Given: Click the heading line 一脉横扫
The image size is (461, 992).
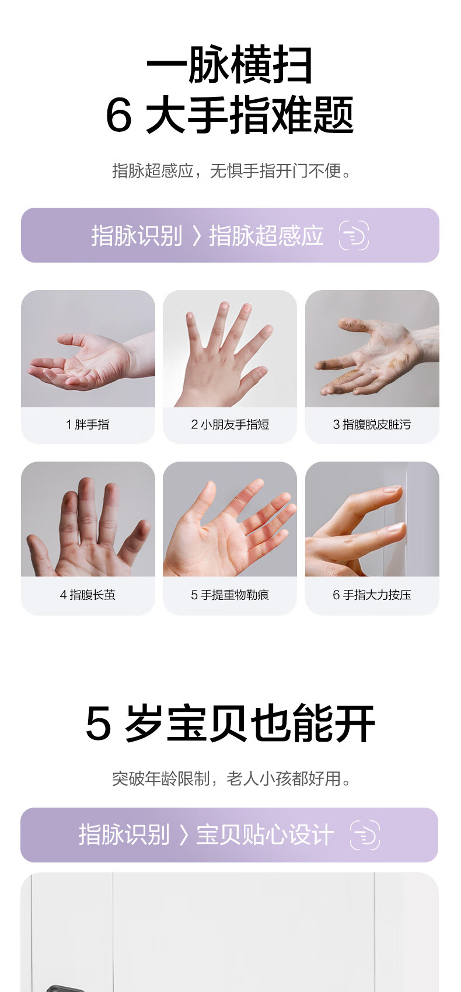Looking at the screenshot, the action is (229, 65).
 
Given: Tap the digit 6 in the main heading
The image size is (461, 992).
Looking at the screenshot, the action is (119, 115).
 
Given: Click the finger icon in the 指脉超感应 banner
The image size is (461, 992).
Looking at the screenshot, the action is (354, 235).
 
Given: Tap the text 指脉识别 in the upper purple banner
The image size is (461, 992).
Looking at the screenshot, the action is (137, 235).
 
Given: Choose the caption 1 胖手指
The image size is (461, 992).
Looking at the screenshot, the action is (88, 424).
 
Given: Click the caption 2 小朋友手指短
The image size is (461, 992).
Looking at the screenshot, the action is (230, 424).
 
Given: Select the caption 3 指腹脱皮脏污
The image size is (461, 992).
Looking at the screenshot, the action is (372, 424).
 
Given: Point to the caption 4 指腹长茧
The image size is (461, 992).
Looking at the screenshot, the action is (88, 594).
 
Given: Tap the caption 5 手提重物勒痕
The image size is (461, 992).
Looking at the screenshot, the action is (230, 594).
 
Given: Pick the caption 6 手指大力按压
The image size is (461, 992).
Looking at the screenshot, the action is (372, 594).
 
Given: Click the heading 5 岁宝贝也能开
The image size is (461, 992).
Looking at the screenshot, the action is (230, 723).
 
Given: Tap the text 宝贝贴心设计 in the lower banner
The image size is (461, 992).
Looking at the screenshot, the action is (265, 835).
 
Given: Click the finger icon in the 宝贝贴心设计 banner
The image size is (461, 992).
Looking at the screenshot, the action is (365, 835).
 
